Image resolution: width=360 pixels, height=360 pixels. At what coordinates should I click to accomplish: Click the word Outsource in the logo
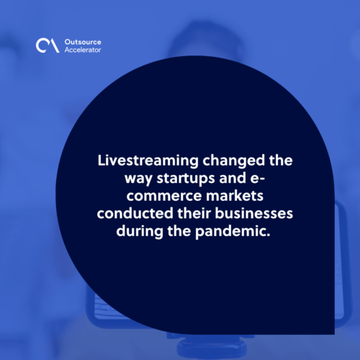point(83,42)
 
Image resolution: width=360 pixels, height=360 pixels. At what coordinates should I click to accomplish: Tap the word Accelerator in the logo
point(83,50)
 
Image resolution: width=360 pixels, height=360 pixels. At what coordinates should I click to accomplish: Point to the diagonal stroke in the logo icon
point(55,45)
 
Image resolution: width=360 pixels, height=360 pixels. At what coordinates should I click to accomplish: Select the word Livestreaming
point(148,161)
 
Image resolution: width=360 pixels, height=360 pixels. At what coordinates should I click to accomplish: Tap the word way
point(138,179)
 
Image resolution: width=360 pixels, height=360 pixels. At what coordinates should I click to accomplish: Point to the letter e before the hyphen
point(255,179)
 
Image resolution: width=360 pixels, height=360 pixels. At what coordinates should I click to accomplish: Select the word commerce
point(164,196)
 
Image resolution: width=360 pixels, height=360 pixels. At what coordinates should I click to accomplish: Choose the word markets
point(235,196)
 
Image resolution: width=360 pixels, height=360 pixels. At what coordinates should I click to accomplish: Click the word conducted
point(135,213)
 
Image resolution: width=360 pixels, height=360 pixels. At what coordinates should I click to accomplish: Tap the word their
point(194,213)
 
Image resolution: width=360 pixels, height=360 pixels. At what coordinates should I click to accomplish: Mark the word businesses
point(254,213)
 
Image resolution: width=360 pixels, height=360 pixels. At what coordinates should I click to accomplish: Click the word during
point(140,232)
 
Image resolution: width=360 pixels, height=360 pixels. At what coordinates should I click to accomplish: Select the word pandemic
point(233,232)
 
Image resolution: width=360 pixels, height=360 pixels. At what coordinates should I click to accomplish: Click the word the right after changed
point(281,161)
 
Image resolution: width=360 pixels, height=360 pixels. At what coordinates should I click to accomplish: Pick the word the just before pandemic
point(179,231)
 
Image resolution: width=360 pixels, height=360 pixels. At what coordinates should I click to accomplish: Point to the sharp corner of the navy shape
point(334,334)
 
